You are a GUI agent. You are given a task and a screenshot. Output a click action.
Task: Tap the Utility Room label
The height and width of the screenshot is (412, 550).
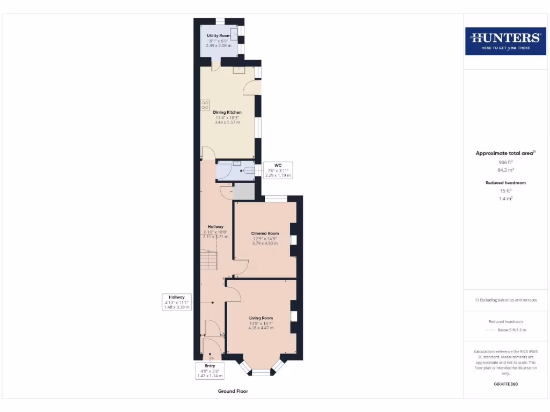219,35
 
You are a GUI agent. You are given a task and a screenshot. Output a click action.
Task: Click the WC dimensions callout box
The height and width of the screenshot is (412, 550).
278,170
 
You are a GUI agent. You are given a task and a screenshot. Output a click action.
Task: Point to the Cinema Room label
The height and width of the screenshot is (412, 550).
265,233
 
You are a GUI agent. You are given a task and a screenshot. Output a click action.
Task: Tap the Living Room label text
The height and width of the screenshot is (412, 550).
261,318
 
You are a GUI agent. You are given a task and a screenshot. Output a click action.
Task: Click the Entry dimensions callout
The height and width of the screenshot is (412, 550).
209,371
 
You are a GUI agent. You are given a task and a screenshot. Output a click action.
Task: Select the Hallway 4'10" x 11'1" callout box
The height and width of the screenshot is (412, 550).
177,302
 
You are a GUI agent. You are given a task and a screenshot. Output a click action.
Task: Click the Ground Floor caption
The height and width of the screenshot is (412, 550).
233,391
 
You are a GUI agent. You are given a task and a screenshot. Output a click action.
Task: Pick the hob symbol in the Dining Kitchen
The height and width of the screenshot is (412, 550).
205,105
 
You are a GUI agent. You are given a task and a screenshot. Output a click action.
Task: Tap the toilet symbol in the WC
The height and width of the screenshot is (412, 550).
248,171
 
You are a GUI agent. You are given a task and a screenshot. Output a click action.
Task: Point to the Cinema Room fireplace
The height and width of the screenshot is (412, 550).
293,240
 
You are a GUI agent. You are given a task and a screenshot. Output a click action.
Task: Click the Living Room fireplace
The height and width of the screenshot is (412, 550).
293,317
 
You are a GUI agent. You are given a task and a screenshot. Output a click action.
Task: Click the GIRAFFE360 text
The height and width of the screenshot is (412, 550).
505,384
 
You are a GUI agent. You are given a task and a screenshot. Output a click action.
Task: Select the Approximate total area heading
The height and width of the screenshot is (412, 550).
505,153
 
